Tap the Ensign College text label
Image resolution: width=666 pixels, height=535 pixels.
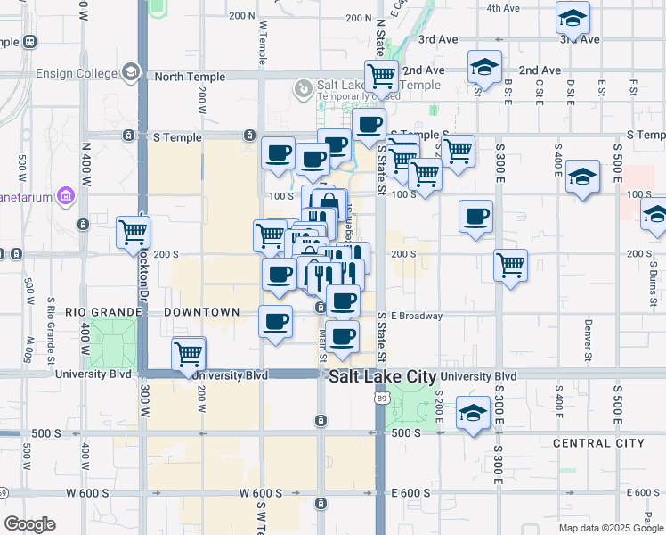[77, 73]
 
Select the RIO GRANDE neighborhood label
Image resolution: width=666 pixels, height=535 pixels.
[104, 312]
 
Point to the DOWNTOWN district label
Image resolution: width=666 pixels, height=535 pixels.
[202, 312]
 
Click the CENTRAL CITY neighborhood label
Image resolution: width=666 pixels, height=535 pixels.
[598, 443]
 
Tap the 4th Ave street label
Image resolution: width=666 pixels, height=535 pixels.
[502, 8]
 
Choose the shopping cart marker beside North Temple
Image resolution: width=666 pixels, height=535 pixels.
[382, 75]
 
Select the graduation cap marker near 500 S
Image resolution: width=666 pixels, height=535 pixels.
[473, 413]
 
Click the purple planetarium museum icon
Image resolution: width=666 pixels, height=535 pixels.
[65, 195]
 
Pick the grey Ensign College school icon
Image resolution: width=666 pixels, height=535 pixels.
[131, 72]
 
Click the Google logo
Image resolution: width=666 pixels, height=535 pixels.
[29, 524]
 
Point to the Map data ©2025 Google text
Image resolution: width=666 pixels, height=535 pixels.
[609, 528]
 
